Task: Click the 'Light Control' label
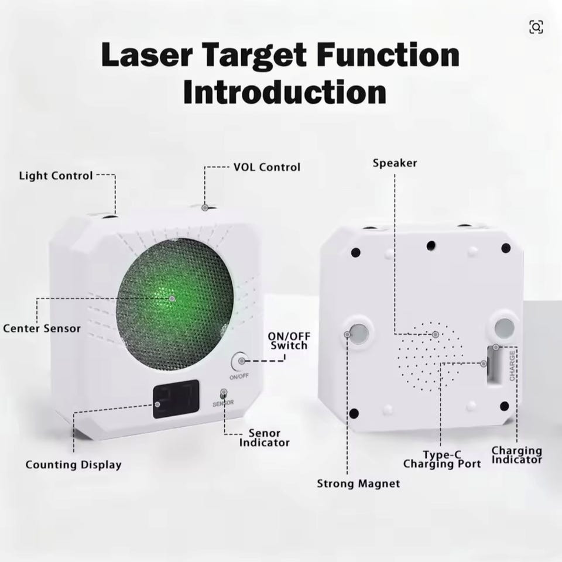[x=56, y=176]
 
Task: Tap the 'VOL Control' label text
[x=267, y=167]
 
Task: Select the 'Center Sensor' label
[x=42, y=328]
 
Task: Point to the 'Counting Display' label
[x=74, y=465]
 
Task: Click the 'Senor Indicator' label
[x=264, y=438]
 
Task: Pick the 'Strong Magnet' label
[x=358, y=484]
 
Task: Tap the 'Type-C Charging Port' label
[x=442, y=460]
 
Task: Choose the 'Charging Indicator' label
[x=516, y=455]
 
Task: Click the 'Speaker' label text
[x=395, y=163]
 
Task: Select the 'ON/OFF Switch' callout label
[x=289, y=341]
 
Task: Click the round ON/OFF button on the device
[x=239, y=361]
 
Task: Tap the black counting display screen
[x=176, y=399]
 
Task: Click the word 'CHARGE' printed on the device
[x=512, y=365]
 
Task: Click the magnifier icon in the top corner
[x=536, y=27]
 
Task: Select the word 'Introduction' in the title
[x=285, y=92]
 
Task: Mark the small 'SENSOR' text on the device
[x=223, y=403]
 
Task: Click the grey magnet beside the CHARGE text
[x=504, y=327]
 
